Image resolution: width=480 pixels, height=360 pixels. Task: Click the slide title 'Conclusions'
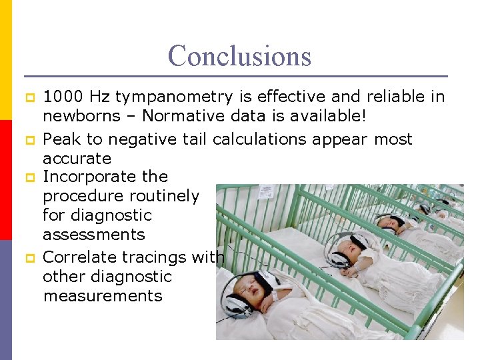pos(239,55)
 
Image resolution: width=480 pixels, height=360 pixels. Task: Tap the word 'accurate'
pos(77,159)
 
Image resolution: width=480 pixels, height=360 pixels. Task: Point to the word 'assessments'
pos(93,235)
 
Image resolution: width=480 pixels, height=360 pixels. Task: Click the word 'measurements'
pos(103,295)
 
